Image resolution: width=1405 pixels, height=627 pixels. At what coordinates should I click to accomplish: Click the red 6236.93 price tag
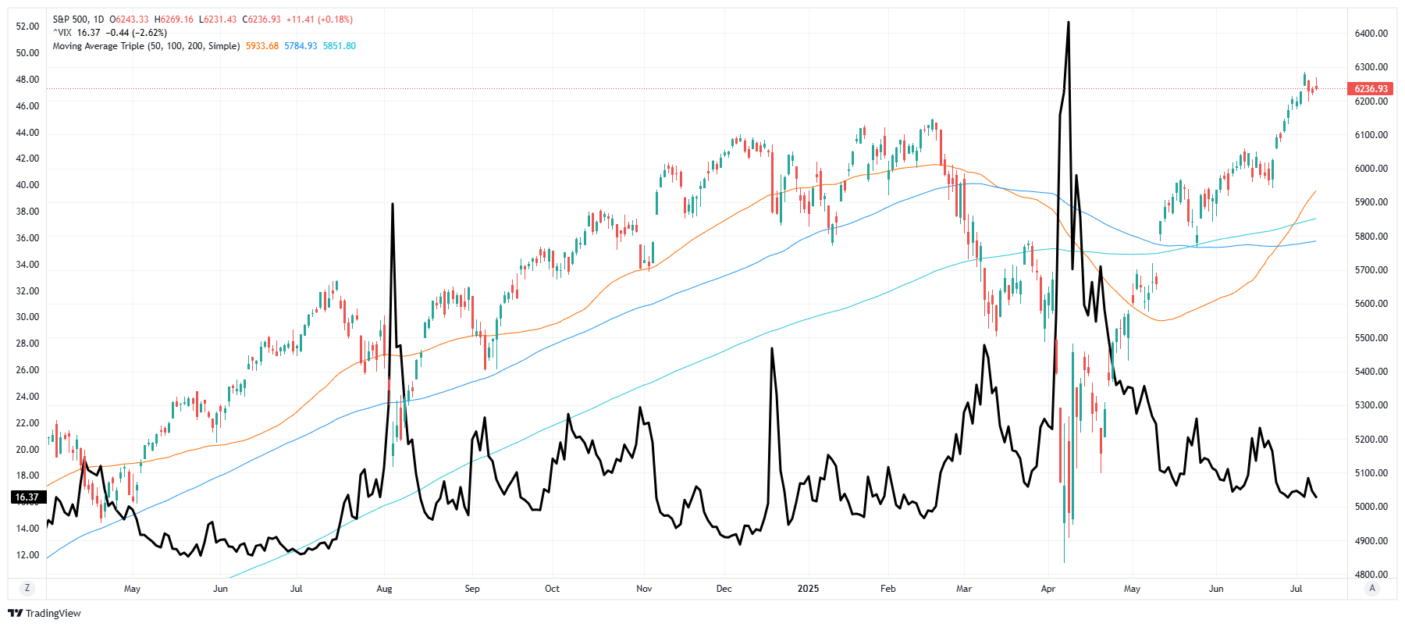[x=1371, y=89]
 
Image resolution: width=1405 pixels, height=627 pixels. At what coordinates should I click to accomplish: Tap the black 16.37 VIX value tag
[x=27, y=497]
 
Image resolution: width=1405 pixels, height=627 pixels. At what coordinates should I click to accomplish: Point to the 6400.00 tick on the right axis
[x=1371, y=34]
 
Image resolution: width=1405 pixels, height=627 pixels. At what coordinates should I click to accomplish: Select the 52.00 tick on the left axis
[x=27, y=27]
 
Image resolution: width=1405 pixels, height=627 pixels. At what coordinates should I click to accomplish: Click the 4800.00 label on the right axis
[x=1371, y=575]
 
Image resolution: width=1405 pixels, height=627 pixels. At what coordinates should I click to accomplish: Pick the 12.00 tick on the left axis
[x=27, y=555]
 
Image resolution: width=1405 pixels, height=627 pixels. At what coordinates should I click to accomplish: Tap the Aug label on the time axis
[x=384, y=589]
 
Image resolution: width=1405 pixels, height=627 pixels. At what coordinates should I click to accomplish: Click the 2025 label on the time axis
[x=808, y=589]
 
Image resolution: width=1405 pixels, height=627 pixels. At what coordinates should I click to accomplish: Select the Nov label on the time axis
[x=644, y=589]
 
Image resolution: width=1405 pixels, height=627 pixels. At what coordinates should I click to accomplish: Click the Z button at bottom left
[x=27, y=589]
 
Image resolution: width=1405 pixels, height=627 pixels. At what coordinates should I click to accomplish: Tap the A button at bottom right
[x=1372, y=589]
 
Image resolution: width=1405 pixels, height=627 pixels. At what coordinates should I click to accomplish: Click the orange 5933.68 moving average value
[x=262, y=46]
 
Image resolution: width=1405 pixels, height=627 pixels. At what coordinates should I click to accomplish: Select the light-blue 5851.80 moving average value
[x=339, y=46]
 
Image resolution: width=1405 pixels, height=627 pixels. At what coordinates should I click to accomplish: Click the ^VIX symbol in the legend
[x=62, y=33]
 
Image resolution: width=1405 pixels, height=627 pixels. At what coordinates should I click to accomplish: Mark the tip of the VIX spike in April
[x=1068, y=23]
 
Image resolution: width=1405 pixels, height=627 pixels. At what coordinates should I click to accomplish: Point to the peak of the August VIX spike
[x=392, y=204]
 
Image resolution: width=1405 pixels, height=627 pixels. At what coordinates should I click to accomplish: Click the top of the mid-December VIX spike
[x=772, y=348]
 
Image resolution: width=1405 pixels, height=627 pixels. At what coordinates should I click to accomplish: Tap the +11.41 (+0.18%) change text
[x=319, y=20]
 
